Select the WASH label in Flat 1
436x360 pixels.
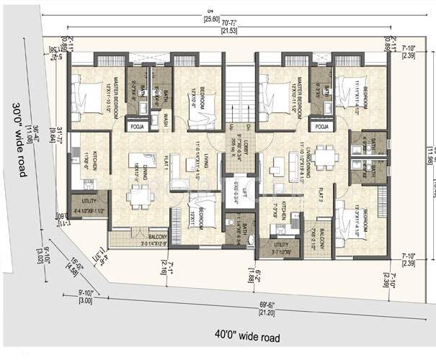tap(165, 114)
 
